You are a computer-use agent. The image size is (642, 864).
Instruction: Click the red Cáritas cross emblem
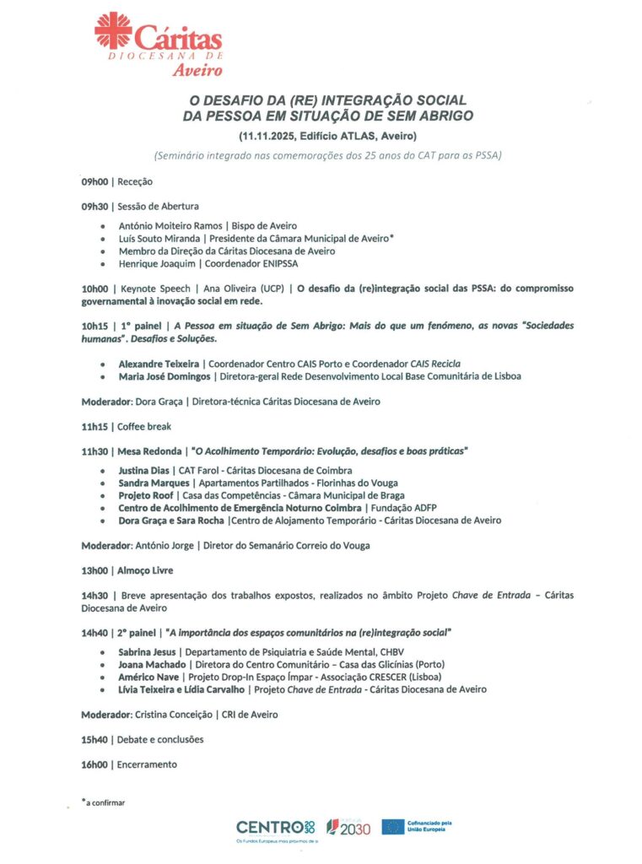(x=113, y=30)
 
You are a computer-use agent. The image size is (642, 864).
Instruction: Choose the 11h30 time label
(x=95, y=451)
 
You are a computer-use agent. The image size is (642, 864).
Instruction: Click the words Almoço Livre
(x=145, y=570)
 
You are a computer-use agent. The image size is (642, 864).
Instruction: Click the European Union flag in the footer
(x=392, y=827)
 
